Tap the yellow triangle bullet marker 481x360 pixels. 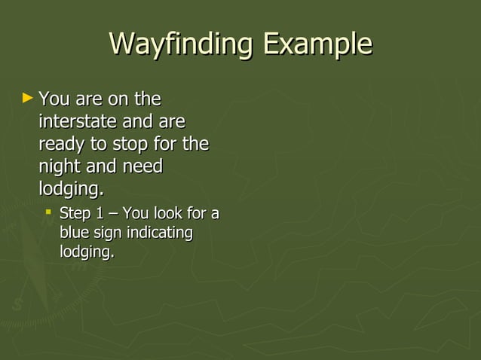point(28,98)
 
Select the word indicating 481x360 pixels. point(159,233)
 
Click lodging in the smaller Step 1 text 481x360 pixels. point(87,252)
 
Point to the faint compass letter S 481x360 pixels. point(17,305)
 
